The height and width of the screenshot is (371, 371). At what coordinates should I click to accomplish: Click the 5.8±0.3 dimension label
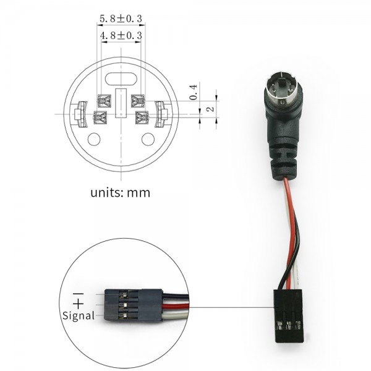pyautogui.click(x=121, y=19)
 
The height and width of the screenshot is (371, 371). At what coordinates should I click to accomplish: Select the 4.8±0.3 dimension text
pyautogui.click(x=121, y=36)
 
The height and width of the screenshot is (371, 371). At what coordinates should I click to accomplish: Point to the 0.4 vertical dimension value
pyautogui.click(x=194, y=92)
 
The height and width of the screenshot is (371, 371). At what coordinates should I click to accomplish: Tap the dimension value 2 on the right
pyautogui.click(x=210, y=109)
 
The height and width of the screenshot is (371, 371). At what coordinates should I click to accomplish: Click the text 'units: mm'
pyautogui.click(x=120, y=193)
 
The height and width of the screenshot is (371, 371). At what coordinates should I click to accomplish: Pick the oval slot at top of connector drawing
pyautogui.click(x=121, y=79)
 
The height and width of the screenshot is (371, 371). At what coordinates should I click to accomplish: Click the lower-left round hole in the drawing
pyautogui.click(x=94, y=139)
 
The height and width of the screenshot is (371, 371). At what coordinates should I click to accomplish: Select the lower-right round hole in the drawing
pyautogui.click(x=148, y=139)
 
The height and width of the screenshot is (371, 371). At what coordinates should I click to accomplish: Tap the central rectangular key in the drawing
pyautogui.click(x=121, y=103)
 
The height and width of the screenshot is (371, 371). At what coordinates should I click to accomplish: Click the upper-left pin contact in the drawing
pyautogui.click(x=104, y=101)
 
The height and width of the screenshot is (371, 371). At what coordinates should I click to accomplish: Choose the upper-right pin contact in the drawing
pyautogui.click(x=138, y=101)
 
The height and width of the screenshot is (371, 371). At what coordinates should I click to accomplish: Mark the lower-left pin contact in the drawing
pyautogui.click(x=101, y=117)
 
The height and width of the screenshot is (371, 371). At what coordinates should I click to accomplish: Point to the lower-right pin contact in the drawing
pyautogui.click(x=142, y=117)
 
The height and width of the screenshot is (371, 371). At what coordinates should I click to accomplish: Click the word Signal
pyautogui.click(x=79, y=315)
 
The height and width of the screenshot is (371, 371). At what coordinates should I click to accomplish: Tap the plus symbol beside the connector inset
pyautogui.click(x=78, y=304)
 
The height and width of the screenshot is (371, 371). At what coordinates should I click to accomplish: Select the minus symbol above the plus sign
pyautogui.click(x=78, y=294)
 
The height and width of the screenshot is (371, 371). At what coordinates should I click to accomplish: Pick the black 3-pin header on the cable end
pyautogui.click(x=289, y=315)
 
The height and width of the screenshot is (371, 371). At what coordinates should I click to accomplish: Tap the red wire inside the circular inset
pyautogui.click(x=176, y=307)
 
